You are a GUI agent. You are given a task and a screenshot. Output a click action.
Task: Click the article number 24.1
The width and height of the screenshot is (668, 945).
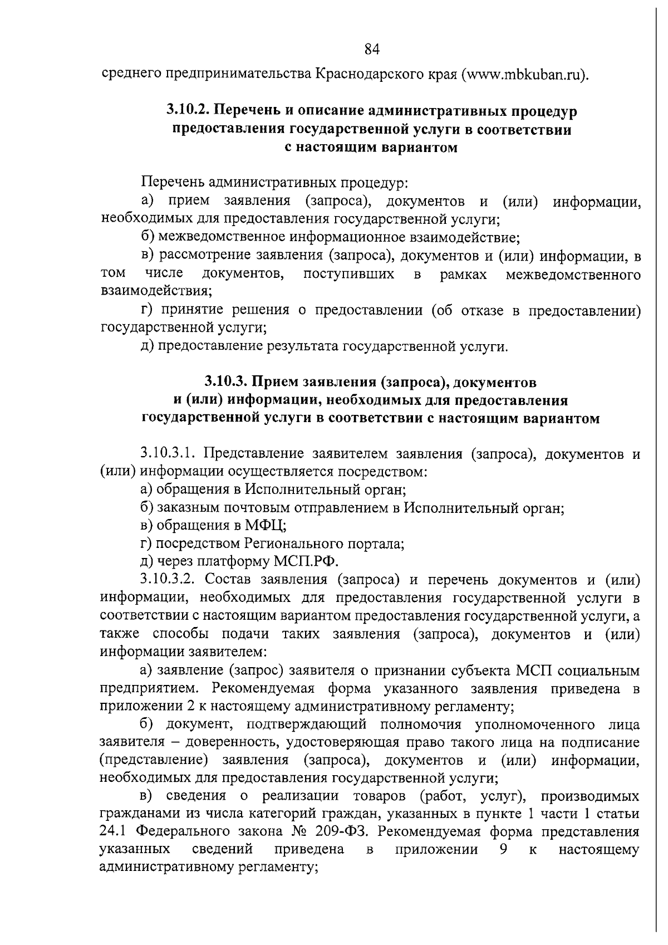click(115, 831)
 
